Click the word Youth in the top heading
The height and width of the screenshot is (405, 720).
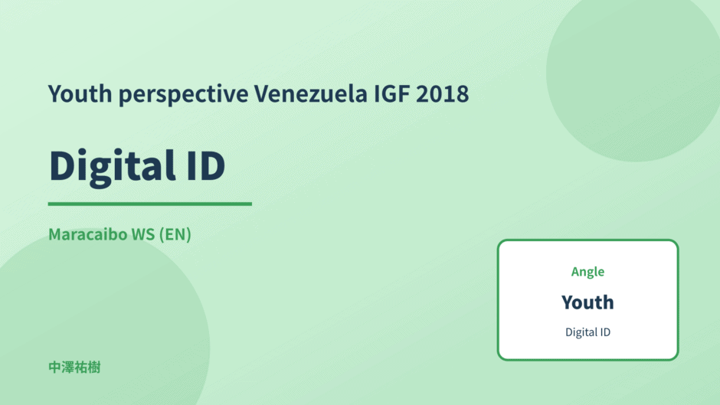click(80, 93)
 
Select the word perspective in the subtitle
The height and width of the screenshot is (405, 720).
click(183, 96)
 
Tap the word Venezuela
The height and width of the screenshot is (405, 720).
click(311, 93)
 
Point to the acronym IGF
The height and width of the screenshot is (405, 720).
click(391, 93)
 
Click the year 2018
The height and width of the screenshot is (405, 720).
click(443, 93)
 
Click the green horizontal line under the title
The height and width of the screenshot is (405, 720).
click(149, 204)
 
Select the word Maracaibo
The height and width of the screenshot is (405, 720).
click(88, 234)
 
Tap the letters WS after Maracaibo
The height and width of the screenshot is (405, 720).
click(143, 234)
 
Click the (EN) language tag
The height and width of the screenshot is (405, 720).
click(175, 234)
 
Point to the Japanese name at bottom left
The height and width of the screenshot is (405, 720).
click(74, 367)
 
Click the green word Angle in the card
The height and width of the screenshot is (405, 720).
click(587, 273)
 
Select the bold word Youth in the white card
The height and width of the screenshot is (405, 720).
click(587, 302)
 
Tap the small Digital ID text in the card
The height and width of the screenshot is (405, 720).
click(587, 332)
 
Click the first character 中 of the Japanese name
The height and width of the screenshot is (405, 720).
click(54, 367)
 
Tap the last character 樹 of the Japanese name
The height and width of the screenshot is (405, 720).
click(94, 367)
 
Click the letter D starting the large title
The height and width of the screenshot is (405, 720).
click(65, 165)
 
